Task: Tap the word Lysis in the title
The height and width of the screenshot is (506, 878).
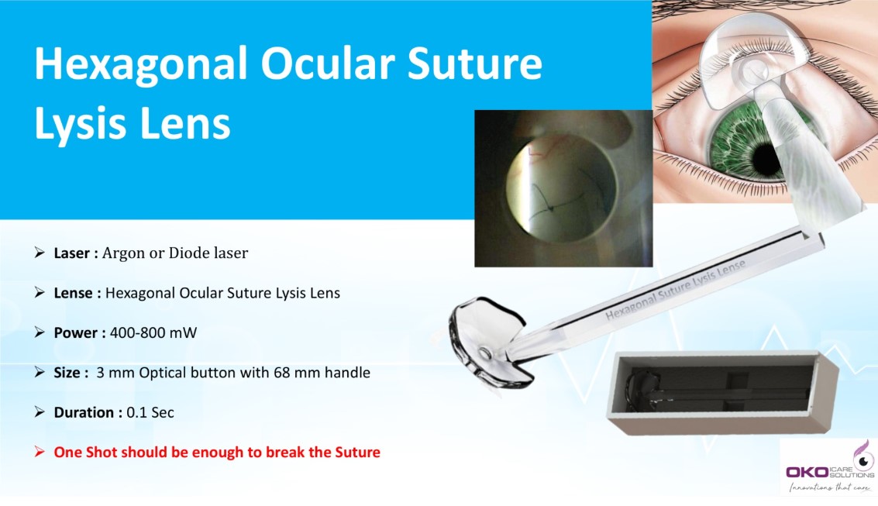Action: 81,124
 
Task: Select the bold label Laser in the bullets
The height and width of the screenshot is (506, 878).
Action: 73,253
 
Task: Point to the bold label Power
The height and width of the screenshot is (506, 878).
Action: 77,333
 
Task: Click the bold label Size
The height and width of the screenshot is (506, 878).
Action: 68,373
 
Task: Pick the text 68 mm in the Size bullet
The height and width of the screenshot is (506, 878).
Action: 294,373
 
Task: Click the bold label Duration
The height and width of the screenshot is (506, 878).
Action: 86,412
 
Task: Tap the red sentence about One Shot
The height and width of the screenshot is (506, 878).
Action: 217,452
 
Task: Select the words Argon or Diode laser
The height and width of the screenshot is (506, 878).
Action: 175,253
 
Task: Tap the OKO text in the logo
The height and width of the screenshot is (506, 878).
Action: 807,472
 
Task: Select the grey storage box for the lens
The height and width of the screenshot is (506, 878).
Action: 721,391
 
